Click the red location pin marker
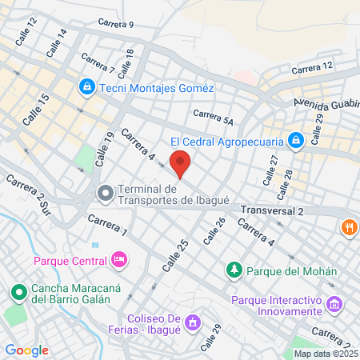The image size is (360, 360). pyautogui.click(x=180, y=162)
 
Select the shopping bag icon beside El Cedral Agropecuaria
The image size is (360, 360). pyautogui.click(x=296, y=141)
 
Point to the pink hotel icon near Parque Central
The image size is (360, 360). pyautogui.click(x=119, y=258)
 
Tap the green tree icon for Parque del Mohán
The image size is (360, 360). pyautogui.click(x=234, y=270)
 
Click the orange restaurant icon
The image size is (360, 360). pyautogui.click(x=349, y=227)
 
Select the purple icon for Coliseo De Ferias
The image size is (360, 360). pyautogui.click(x=192, y=323)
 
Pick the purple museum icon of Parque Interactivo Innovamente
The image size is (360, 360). pyautogui.click(x=335, y=305)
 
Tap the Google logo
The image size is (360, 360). pyautogui.click(x=26, y=350)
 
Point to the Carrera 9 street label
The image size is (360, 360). pyautogui.click(x=114, y=25)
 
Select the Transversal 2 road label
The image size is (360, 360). pyautogui.click(x=272, y=211)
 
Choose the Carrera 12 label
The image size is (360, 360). pyautogui.click(x=310, y=70)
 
